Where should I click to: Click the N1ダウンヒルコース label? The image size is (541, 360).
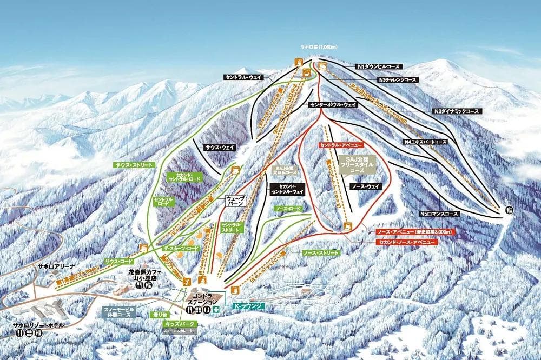pyautogui.click(x=378, y=66)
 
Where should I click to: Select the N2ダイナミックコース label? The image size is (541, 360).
pyautogui.click(x=456, y=111)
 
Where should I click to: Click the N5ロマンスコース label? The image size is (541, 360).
pyautogui.click(x=439, y=214)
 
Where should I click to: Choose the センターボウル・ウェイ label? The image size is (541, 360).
pyautogui.click(x=333, y=104)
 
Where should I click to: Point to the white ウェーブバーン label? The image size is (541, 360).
pyautogui.click(x=236, y=202)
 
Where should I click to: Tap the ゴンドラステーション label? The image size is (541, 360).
pyautogui.click(x=203, y=301)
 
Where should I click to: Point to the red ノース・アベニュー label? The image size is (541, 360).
pyautogui.click(x=415, y=231)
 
